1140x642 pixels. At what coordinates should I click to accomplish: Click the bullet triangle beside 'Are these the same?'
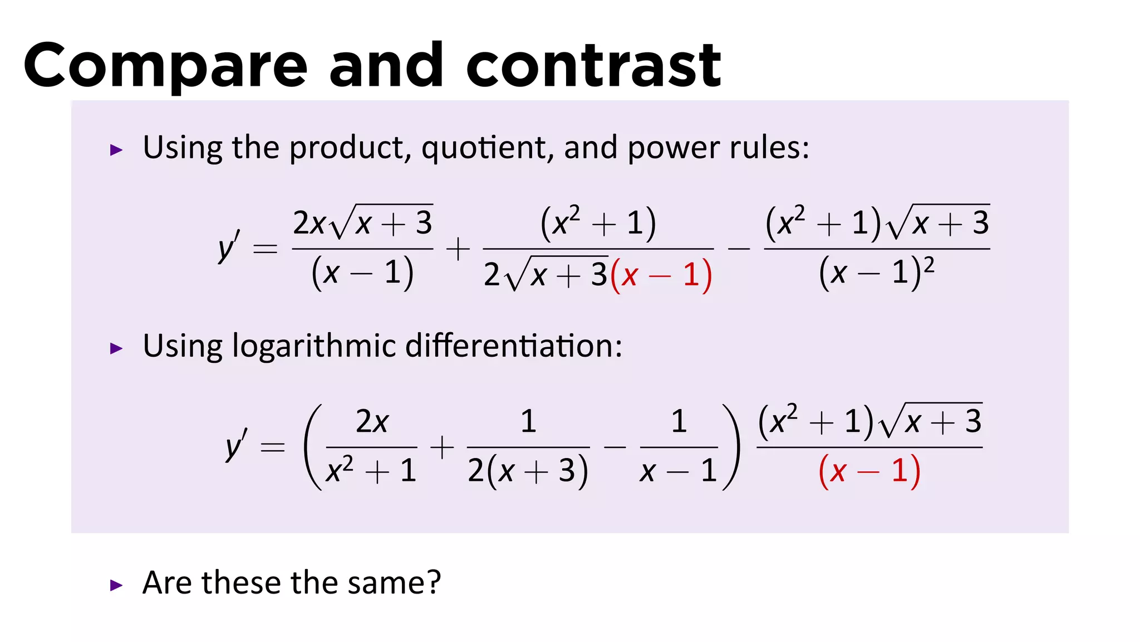pyautogui.click(x=116, y=585)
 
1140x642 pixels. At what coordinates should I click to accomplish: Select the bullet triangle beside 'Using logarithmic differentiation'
pyautogui.click(x=116, y=349)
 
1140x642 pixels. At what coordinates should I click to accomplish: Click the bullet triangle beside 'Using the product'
pyautogui.click(x=116, y=150)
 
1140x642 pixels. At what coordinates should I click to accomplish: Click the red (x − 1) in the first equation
pyautogui.click(x=661, y=275)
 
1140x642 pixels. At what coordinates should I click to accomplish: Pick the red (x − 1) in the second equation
pyautogui.click(x=869, y=471)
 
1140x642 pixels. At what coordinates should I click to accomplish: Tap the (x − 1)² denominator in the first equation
pyautogui.click(x=876, y=273)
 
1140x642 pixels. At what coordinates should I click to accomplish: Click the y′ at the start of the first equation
pyautogui.click(x=229, y=246)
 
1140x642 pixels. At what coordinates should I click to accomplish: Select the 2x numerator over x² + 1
pyautogui.click(x=372, y=422)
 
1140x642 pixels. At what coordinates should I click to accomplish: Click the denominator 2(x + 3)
pyautogui.click(x=528, y=471)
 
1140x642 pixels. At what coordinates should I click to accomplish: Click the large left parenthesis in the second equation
pyautogui.click(x=313, y=447)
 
